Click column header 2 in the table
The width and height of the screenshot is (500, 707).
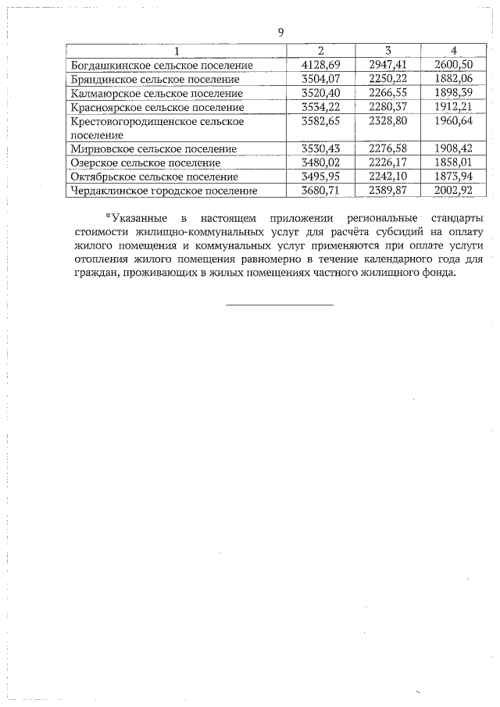(321, 52)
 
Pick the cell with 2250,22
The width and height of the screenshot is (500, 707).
(388, 80)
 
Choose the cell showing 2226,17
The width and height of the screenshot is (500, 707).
(388, 162)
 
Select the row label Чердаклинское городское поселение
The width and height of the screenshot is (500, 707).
(163, 191)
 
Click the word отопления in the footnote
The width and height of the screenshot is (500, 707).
(99, 259)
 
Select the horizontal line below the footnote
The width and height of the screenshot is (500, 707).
(280, 304)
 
